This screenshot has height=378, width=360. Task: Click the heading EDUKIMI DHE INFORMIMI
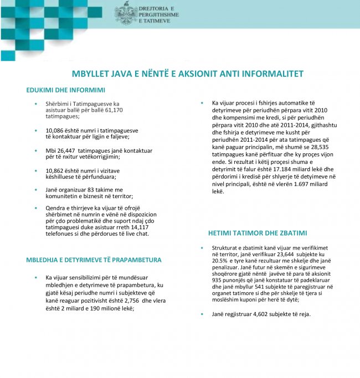pyautogui.click(x=65, y=90)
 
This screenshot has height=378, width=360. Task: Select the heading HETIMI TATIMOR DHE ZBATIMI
pyautogui.click(x=258, y=233)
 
